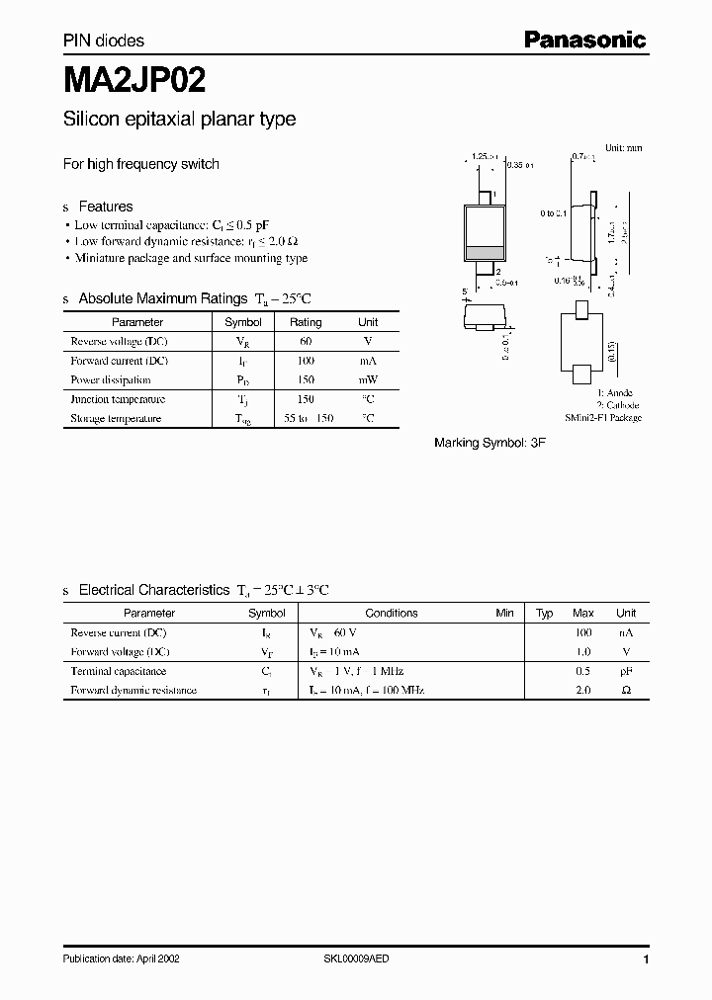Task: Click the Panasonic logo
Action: click(584, 41)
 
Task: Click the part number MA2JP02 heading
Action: click(134, 78)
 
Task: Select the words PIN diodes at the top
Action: click(104, 41)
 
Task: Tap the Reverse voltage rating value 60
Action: click(306, 341)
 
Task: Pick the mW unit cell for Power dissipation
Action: click(368, 379)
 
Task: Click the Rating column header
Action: click(306, 322)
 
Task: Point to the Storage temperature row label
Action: click(116, 419)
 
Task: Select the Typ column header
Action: click(545, 613)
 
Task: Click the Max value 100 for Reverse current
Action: click(583, 631)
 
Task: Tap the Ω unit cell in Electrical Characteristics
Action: click(626, 690)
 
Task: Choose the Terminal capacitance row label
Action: click(120, 670)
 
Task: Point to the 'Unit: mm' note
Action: click(623, 147)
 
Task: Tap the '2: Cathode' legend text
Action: click(617, 405)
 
